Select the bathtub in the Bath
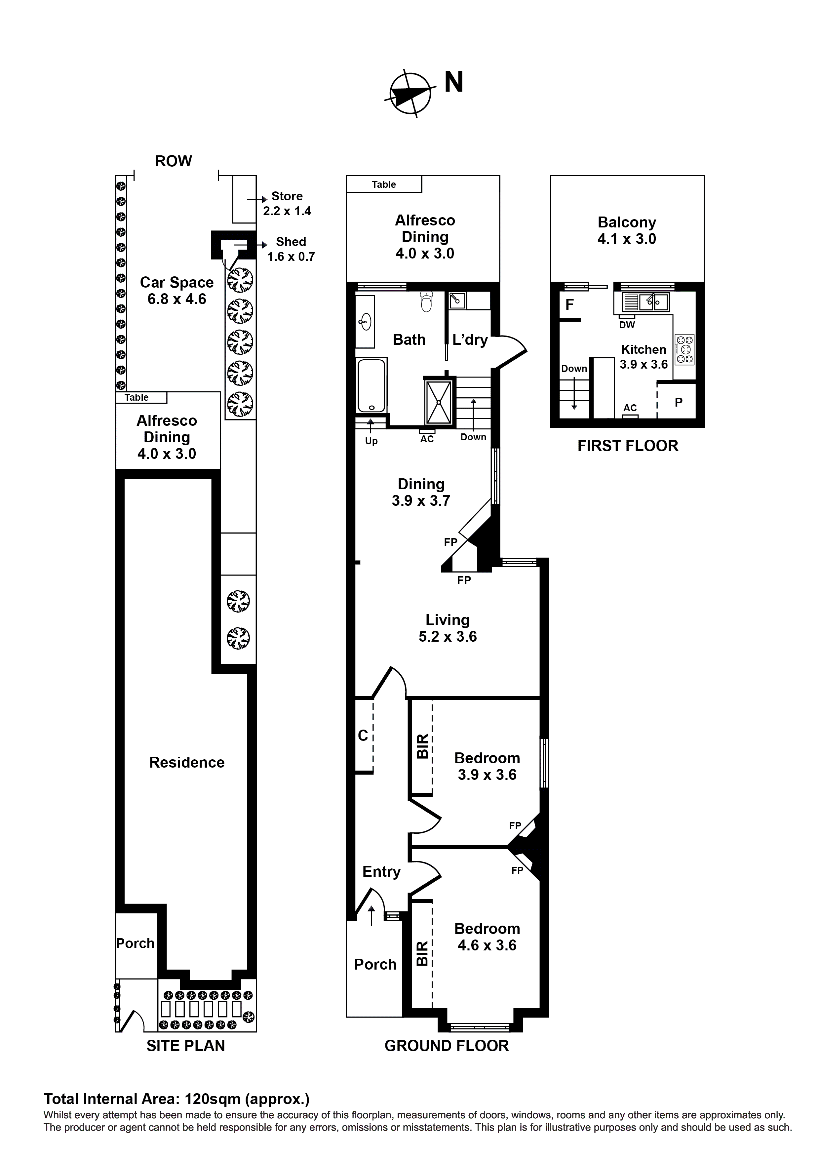[371, 385]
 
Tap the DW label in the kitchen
[627, 325]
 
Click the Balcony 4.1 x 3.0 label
[627, 230]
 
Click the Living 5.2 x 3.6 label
[447, 628]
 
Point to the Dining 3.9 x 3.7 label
[421, 492]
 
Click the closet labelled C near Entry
[363, 736]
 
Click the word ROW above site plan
[173, 161]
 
